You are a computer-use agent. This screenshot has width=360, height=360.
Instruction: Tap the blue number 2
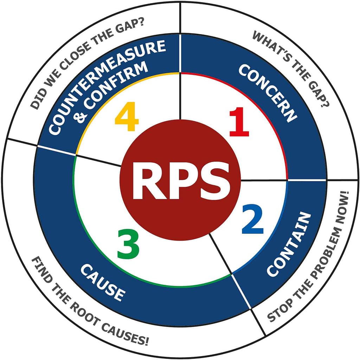[x=252, y=221]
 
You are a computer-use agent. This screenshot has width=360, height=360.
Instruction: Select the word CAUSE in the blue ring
[x=102, y=282]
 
